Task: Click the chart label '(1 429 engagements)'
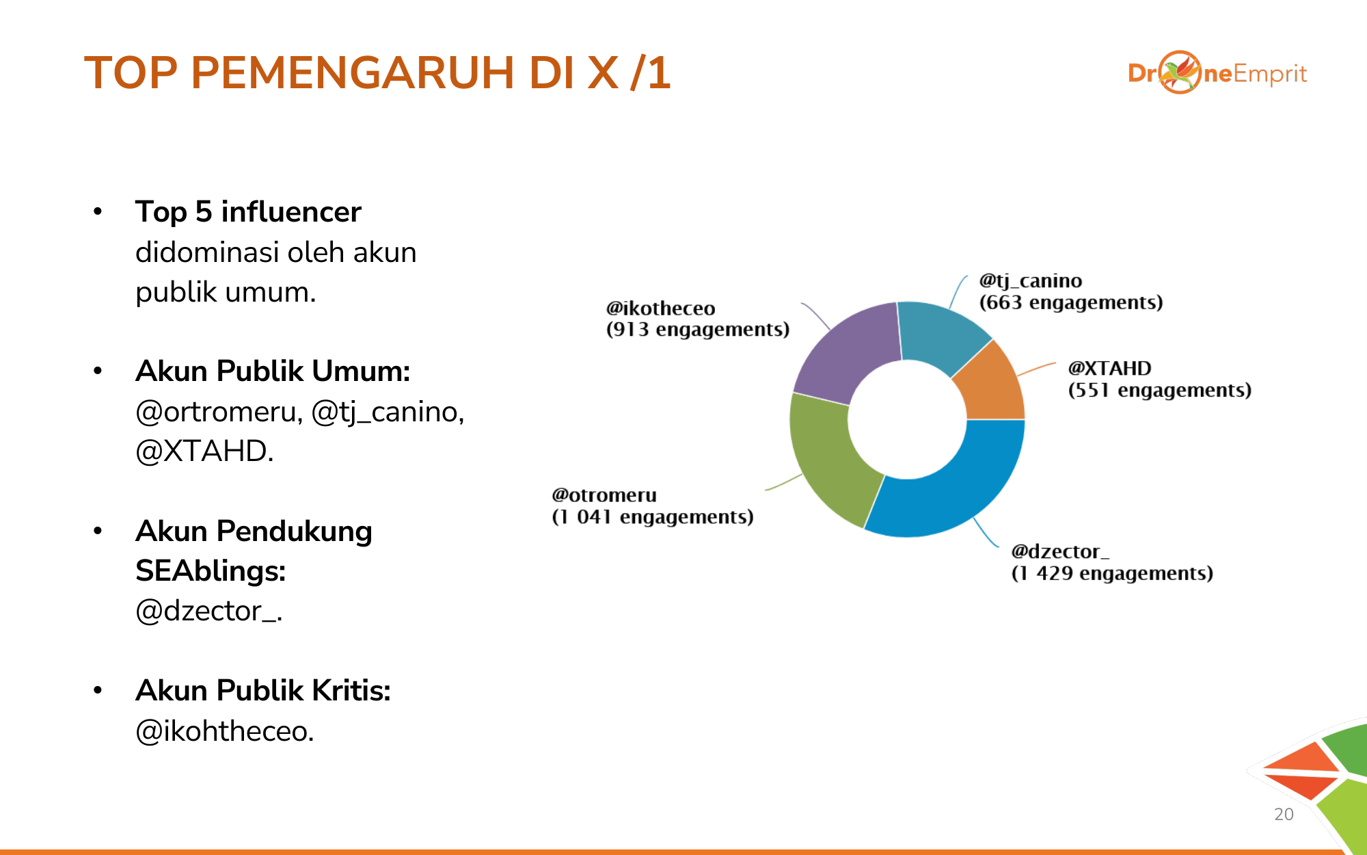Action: tap(1112, 573)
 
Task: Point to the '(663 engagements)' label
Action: tap(1071, 302)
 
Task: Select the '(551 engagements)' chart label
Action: tap(1160, 390)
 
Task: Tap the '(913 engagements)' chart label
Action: tap(698, 330)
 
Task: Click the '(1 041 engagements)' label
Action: tap(653, 517)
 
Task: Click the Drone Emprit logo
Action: tap(1217, 73)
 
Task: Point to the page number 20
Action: tap(1284, 814)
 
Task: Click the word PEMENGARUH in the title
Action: tap(352, 73)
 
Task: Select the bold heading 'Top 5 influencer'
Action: tap(248, 212)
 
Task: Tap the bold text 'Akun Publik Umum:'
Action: tap(273, 371)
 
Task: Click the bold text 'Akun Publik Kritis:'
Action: tap(263, 691)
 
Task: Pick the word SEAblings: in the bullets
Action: tap(211, 571)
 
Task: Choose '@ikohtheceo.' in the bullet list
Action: tap(225, 731)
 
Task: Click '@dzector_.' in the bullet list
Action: tap(209, 611)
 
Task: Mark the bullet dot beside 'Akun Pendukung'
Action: tap(98, 531)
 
